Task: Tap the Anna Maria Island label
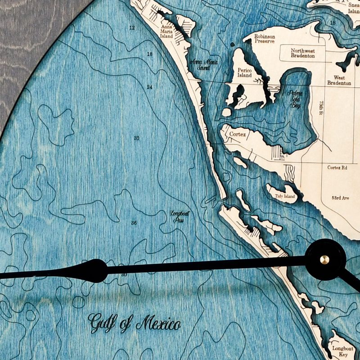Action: (x=166, y=31)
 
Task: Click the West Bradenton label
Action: (x=339, y=80)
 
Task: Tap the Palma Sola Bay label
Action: (x=294, y=99)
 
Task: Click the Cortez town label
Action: (x=237, y=135)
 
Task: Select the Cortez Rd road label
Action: (x=337, y=167)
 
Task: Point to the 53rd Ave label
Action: (x=340, y=198)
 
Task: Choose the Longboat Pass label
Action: (x=180, y=217)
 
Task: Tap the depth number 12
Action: (x=132, y=28)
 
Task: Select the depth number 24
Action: (x=150, y=87)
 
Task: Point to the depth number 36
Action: (x=134, y=223)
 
